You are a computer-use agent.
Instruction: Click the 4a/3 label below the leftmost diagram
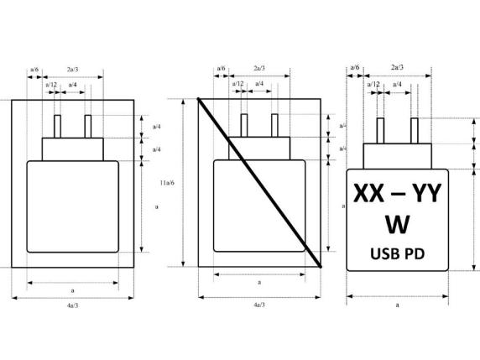(72, 306)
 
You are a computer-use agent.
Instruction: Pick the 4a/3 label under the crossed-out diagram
(259, 306)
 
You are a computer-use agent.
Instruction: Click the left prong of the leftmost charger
(58, 126)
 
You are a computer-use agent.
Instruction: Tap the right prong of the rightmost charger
(414, 131)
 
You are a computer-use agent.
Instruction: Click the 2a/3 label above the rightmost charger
(397, 67)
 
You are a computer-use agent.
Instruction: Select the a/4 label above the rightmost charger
(396, 84)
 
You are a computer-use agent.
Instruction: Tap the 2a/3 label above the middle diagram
(259, 67)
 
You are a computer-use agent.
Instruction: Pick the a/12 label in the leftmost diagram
(51, 85)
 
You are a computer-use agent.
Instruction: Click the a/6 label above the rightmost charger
(355, 67)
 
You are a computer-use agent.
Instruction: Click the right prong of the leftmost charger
(86, 126)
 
